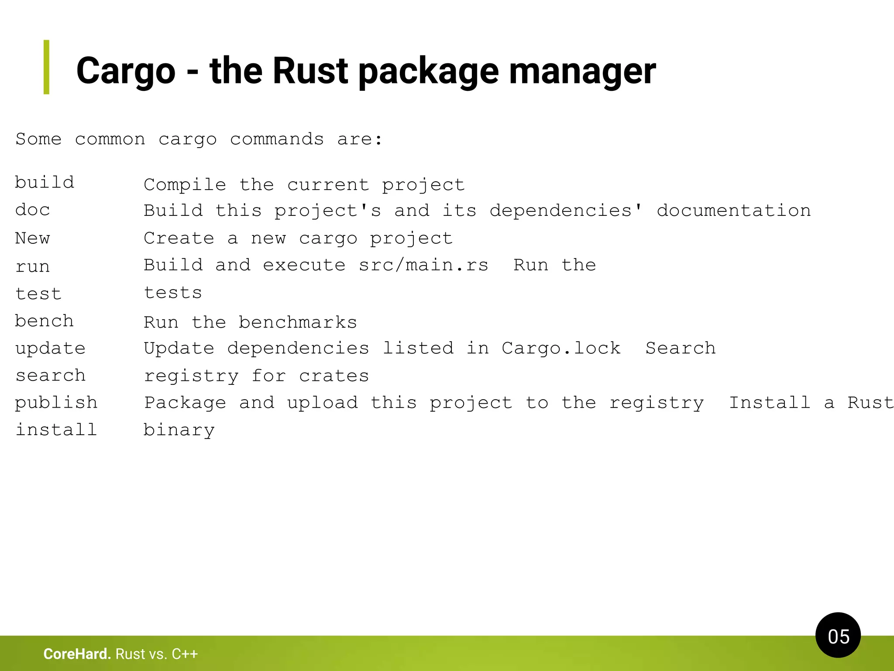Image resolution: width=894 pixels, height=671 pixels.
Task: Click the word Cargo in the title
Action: click(126, 71)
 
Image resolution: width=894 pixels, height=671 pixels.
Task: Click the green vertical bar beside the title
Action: click(46, 67)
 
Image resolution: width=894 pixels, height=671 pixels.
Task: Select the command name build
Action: click(45, 182)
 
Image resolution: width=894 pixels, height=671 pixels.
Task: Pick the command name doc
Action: click(33, 210)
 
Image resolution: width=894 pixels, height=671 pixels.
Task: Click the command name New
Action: click(33, 238)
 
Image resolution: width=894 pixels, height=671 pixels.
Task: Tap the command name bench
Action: click(45, 321)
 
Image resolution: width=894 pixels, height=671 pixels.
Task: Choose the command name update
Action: click(51, 349)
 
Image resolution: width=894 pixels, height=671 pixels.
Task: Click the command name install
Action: click(56, 430)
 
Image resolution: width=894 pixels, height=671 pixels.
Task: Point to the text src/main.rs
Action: click(423, 265)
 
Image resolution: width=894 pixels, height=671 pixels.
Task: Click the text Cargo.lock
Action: click(561, 348)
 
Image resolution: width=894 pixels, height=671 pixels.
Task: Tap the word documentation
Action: click(734, 211)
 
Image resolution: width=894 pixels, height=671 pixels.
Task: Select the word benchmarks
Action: click(298, 322)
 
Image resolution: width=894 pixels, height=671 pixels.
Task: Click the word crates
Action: click(334, 376)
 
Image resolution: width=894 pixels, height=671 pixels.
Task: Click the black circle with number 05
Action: click(838, 635)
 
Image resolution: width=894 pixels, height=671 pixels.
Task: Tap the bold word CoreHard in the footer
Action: click(77, 654)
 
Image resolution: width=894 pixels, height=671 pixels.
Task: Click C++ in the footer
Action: click(185, 654)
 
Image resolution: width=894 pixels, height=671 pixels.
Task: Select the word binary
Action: click(179, 430)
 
